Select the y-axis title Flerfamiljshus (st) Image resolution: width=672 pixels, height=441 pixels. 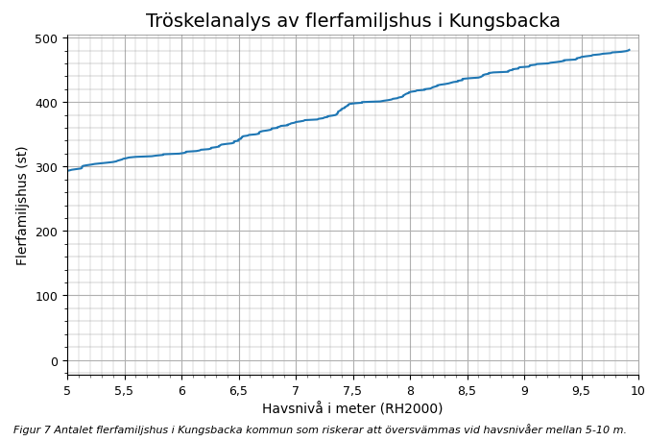(22, 206)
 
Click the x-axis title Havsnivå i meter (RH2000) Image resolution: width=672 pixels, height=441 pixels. (352, 408)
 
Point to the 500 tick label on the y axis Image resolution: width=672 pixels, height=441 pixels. (46, 38)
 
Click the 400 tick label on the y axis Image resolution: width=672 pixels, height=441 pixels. (46, 103)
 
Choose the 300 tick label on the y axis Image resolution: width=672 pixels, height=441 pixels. (46, 167)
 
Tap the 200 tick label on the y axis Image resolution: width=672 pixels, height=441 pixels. (46, 232)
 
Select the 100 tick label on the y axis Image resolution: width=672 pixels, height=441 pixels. (46, 296)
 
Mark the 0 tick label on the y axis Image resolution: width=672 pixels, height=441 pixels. (55, 361)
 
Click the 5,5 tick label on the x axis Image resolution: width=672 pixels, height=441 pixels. (124, 391)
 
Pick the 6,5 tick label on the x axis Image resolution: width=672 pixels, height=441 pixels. (238, 391)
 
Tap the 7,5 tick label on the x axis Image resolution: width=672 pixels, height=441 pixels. (352, 391)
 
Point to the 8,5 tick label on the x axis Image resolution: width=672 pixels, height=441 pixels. (467, 391)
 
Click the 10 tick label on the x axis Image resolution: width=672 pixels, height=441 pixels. (637, 391)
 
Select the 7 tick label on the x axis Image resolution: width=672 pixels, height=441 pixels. (296, 391)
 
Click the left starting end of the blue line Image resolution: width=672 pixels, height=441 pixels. (68, 170)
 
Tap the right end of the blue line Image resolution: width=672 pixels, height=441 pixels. (629, 50)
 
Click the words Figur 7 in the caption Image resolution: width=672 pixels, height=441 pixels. (33, 430)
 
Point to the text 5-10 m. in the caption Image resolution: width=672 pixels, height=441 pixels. (606, 430)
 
